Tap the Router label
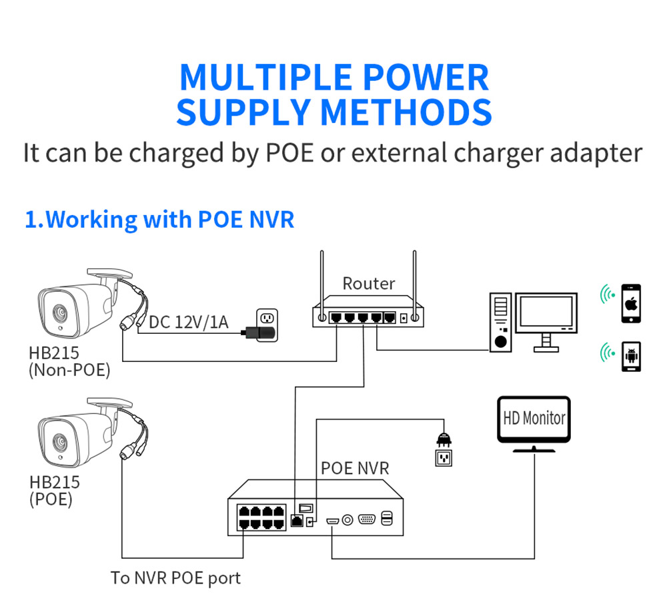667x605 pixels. (x=368, y=283)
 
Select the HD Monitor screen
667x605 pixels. (x=534, y=419)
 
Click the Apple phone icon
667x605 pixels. (x=630, y=305)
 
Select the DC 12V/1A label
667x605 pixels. (x=188, y=323)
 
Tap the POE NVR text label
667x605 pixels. (x=355, y=467)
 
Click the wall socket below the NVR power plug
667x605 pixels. (x=444, y=458)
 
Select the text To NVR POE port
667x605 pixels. (x=175, y=578)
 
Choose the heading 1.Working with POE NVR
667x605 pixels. (x=159, y=219)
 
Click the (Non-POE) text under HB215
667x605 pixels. (x=69, y=369)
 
